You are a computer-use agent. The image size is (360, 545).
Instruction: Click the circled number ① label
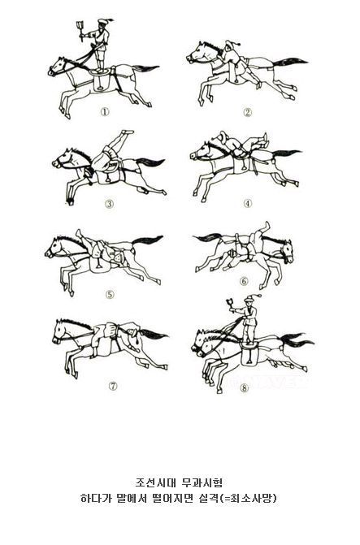pyautogui.click(x=105, y=112)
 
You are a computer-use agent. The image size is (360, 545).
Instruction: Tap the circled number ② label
pyautogui.click(x=247, y=112)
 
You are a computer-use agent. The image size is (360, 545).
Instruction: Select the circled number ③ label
pyautogui.click(x=110, y=204)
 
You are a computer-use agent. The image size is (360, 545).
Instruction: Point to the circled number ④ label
pyautogui.click(x=247, y=203)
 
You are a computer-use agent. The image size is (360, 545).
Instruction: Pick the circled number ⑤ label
pyautogui.click(x=110, y=295)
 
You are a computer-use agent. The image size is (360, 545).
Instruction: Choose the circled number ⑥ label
pyautogui.click(x=244, y=281)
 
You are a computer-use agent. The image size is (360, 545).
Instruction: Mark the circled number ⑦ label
pyautogui.click(x=113, y=386)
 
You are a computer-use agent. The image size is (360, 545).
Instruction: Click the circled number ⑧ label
pyautogui.click(x=245, y=387)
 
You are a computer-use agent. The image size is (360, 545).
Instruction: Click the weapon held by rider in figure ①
pyautogui.click(x=80, y=31)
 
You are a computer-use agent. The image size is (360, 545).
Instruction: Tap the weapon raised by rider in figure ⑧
pyautogui.click(x=230, y=303)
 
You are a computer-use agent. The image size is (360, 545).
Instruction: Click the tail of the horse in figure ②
pyautogui.click(x=290, y=63)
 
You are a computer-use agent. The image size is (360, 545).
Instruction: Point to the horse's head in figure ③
pyautogui.click(x=63, y=159)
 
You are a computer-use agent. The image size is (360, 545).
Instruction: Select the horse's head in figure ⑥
pyautogui.click(x=286, y=250)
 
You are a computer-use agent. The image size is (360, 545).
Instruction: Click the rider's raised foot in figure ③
pyautogui.click(x=128, y=132)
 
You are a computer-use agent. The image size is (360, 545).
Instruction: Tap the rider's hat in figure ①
pyautogui.click(x=104, y=22)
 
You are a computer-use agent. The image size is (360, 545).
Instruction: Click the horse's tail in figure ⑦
pyautogui.click(x=154, y=335)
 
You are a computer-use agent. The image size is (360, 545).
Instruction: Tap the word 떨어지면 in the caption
pyautogui.click(x=171, y=499)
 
